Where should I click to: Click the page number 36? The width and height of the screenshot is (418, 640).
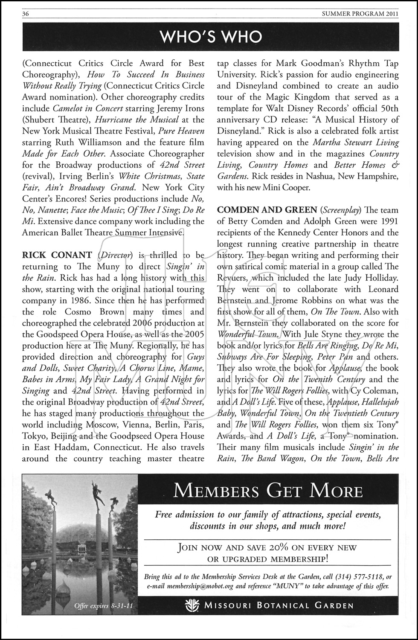click(x=26, y=14)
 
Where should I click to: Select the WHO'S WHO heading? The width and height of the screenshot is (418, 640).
click(x=211, y=37)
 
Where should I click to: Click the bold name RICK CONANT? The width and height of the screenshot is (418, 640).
click(x=57, y=255)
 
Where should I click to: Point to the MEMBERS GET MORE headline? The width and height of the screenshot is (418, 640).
click(x=268, y=491)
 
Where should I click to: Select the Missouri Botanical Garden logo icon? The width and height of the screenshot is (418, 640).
click(x=193, y=605)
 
